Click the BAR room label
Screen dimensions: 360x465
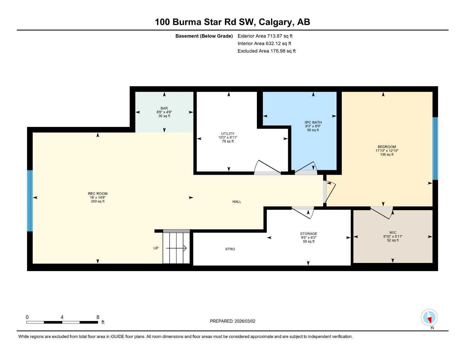coord(164,108)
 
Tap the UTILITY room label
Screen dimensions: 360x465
coord(227,134)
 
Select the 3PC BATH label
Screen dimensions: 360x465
coord(313,122)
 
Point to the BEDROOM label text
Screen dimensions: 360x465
coord(386,147)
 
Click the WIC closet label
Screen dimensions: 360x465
coord(393,233)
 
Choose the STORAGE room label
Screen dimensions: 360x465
coord(308,234)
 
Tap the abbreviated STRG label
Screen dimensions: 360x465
coord(230,249)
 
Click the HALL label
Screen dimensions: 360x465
coord(237,202)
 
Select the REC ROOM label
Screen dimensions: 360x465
coord(98,194)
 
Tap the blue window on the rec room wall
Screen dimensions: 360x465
coord(30,201)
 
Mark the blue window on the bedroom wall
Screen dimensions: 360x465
coord(435,148)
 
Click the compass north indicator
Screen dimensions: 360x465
coord(429,318)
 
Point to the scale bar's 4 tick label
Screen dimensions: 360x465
coord(62,317)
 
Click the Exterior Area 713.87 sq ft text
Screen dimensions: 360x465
coord(265,36)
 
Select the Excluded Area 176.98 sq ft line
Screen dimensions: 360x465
coord(266,51)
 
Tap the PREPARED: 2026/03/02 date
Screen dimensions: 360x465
coord(232,321)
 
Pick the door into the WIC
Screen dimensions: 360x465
coord(382,212)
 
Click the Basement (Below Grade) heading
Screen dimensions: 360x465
coord(204,36)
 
